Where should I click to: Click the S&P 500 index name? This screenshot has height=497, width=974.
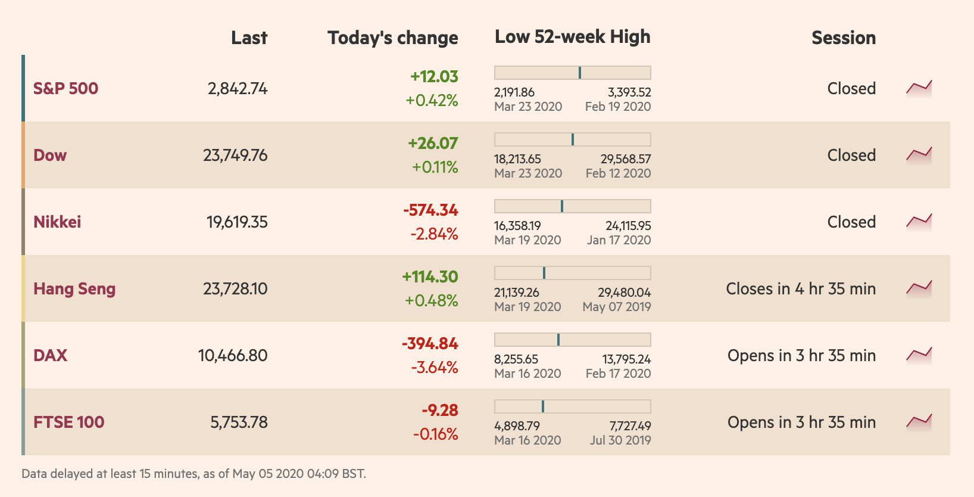tap(65, 89)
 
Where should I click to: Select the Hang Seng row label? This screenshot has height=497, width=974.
tap(74, 289)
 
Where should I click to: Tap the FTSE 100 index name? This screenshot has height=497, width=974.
tap(69, 423)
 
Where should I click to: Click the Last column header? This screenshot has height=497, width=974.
tap(249, 38)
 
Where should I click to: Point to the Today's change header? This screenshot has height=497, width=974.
tap(393, 38)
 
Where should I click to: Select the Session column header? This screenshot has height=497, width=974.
tap(844, 38)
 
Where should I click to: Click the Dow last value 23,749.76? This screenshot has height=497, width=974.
tap(235, 156)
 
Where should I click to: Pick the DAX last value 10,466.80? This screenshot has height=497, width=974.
tap(233, 356)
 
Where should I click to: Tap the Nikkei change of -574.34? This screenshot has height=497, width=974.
tap(430, 210)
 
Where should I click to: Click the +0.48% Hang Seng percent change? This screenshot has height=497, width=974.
tap(432, 300)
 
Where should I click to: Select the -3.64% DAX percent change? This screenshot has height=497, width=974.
tap(435, 367)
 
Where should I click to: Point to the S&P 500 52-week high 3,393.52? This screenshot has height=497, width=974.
tap(629, 92)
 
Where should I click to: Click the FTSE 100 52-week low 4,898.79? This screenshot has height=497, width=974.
tap(517, 426)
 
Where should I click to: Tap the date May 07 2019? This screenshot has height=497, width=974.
tap(617, 307)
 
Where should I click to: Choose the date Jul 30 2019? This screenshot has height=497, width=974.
tap(620, 440)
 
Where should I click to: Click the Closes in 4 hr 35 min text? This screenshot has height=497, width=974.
tap(801, 289)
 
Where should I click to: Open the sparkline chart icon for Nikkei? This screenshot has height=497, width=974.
tap(919, 222)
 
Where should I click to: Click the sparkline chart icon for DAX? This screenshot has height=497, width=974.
tap(919, 355)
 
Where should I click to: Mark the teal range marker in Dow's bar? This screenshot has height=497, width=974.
tap(573, 139)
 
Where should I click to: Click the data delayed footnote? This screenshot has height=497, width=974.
tap(194, 474)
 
